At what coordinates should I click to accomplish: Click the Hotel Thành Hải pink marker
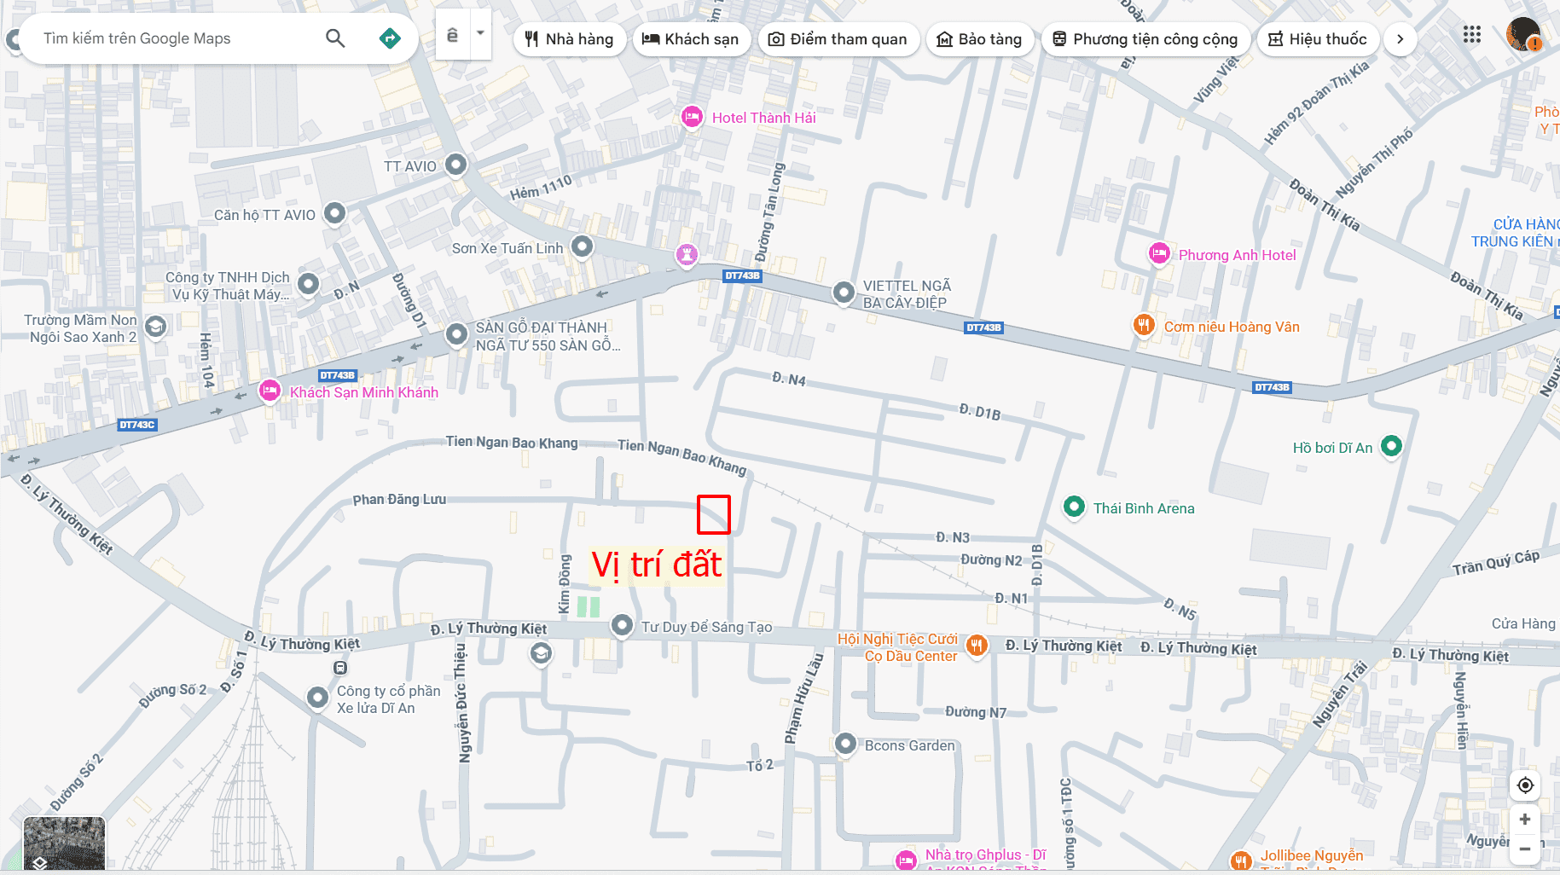[692, 117]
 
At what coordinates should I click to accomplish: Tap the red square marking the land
[714, 514]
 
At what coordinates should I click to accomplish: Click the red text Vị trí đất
[657, 565]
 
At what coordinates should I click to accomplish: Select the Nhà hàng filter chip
[569, 39]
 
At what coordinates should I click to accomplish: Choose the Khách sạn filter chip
[690, 39]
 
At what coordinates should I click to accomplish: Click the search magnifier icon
[335, 38]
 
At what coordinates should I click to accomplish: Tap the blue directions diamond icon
[390, 38]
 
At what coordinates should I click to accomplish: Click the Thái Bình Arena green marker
[1074, 507]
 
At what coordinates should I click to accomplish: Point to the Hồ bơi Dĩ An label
[1332, 448]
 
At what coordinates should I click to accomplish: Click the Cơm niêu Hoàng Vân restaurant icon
[1143, 325]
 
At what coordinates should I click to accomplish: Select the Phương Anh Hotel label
[1237, 255]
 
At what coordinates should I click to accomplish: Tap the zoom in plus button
[1525, 819]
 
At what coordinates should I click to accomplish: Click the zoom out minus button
[1525, 849]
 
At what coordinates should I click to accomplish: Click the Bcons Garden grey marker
[845, 744]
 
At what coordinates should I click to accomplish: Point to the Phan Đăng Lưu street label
[399, 499]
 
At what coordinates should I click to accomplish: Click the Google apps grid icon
[1472, 35]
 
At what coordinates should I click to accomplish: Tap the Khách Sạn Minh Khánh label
[364, 392]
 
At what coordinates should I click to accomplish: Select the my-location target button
[1525, 785]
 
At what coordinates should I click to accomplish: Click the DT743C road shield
[137, 424]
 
